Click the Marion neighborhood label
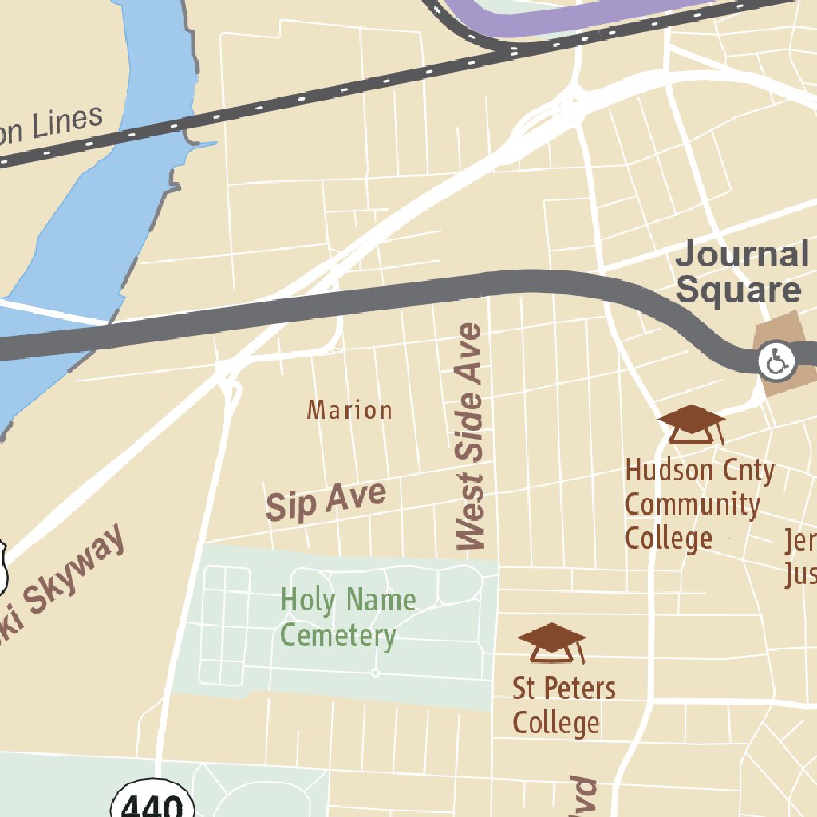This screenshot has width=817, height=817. click(349, 410)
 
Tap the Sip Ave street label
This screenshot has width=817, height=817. click(326, 502)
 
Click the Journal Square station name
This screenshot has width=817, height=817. click(741, 272)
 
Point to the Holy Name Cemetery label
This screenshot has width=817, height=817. click(347, 618)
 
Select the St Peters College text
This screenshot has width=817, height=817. click(562, 705)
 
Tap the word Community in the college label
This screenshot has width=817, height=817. click(692, 504)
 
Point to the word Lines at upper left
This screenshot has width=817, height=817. click(68, 124)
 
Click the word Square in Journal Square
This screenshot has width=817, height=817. click(738, 290)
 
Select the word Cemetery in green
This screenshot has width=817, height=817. click(338, 636)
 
